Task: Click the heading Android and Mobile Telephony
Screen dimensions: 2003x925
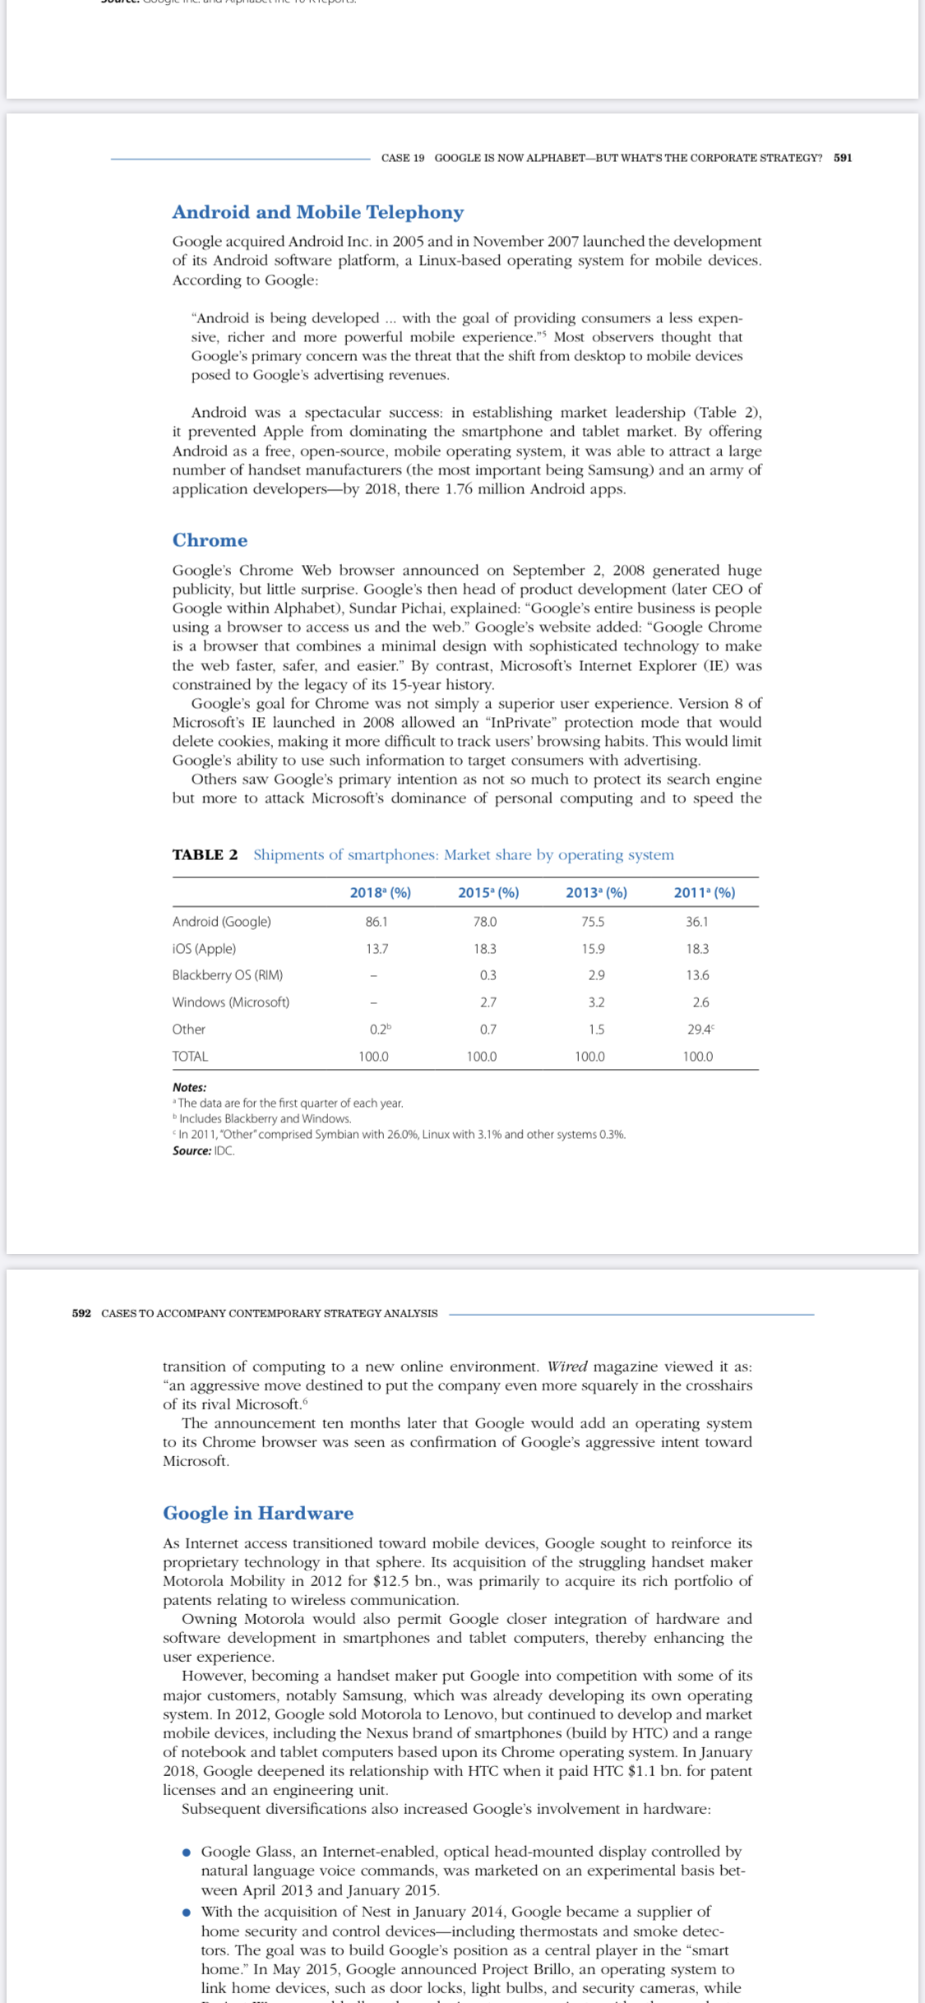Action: [317, 212]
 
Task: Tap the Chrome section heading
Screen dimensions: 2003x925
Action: [210, 540]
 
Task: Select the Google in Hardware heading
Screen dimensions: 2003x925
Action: [258, 1513]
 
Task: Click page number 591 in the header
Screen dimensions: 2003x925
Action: [842, 158]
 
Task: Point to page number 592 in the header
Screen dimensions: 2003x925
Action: [81, 1313]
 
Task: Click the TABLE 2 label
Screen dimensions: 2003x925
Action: [205, 854]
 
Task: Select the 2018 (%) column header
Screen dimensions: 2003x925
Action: [380, 892]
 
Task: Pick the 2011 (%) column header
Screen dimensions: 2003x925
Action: [704, 892]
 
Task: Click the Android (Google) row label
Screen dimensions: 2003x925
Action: [221, 922]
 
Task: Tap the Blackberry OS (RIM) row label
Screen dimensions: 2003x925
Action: [227, 975]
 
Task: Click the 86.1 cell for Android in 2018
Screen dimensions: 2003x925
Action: [377, 922]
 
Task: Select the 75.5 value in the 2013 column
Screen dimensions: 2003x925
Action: [593, 922]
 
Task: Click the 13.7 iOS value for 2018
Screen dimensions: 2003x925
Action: [377, 949]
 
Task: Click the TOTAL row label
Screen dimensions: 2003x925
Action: [190, 1056]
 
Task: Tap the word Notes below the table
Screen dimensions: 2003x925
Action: [189, 1087]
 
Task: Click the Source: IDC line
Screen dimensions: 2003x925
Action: [203, 1150]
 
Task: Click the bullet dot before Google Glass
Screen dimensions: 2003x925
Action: [187, 1853]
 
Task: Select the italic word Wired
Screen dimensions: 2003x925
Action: [567, 1367]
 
